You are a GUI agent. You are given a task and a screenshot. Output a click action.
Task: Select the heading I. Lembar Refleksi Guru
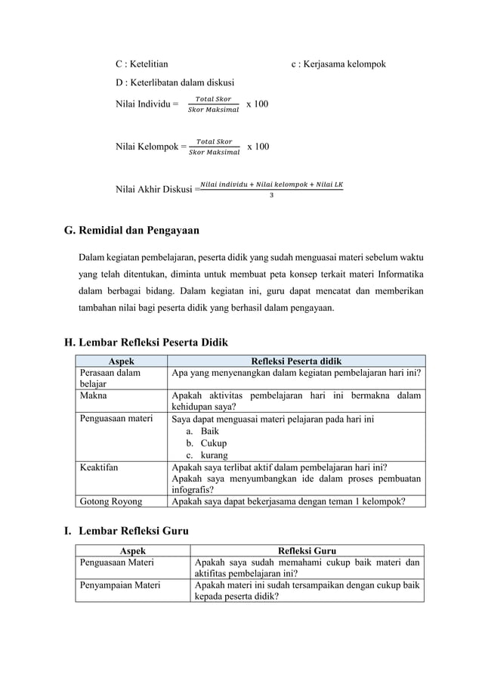[x=125, y=532]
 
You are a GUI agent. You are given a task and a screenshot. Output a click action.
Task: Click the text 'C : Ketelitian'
[x=142, y=64]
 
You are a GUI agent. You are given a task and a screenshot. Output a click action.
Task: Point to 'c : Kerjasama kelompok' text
[x=338, y=64]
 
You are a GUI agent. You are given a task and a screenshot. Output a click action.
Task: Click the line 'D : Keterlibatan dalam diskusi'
[x=175, y=82]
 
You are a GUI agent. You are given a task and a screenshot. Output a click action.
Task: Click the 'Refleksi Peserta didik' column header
[x=295, y=361]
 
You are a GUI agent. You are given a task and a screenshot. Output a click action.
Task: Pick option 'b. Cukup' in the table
[x=206, y=443]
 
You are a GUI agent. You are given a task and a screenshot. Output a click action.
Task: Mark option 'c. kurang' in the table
[x=208, y=454]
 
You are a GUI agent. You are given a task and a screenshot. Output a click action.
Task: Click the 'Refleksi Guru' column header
[x=306, y=551]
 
